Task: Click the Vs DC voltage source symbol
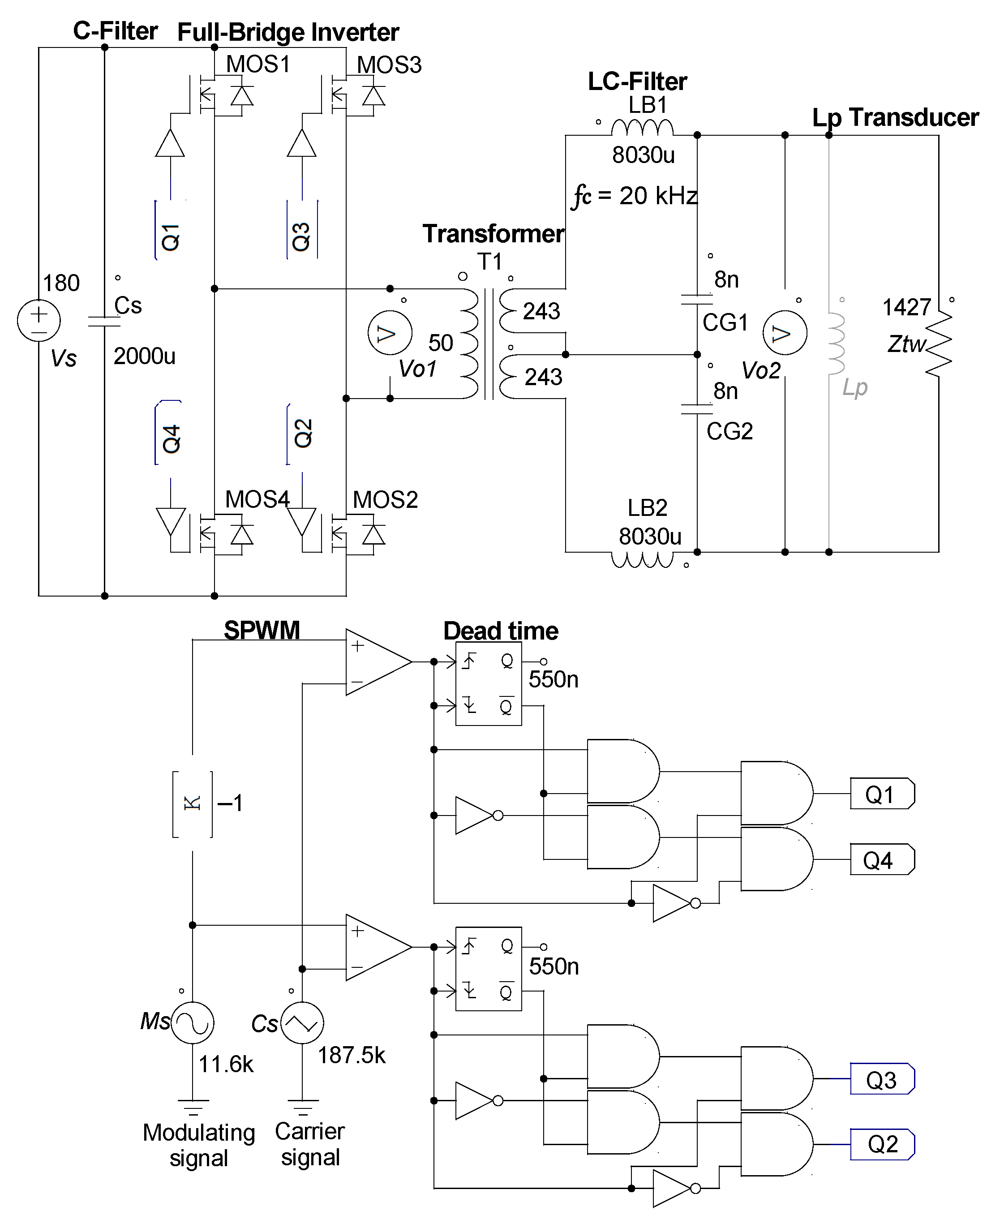[x=39, y=320]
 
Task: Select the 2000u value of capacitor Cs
[x=144, y=356]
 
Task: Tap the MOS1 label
[x=258, y=64]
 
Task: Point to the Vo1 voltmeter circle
[x=390, y=333]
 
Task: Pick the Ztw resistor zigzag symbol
[x=939, y=343]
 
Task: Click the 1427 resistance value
[x=906, y=308]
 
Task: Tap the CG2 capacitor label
[x=730, y=432]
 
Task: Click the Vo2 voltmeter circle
[x=785, y=333]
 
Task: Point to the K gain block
[x=193, y=803]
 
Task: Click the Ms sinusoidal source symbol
[x=193, y=1023]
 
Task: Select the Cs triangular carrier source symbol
[x=302, y=1023]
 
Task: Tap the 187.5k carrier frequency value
[x=352, y=1055]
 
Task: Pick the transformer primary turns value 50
[x=440, y=343]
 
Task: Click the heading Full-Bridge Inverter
[x=288, y=32]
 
